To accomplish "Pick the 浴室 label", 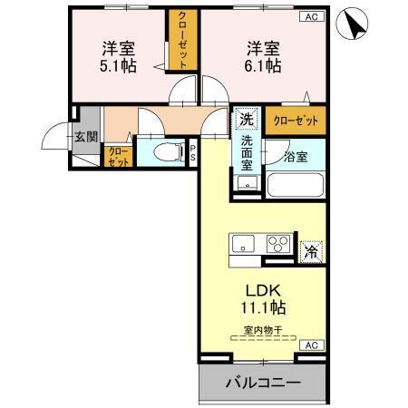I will click(296, 156).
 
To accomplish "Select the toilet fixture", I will click(163, 152).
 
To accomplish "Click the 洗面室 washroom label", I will click(248, 153).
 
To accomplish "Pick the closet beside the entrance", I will click(117, 157).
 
